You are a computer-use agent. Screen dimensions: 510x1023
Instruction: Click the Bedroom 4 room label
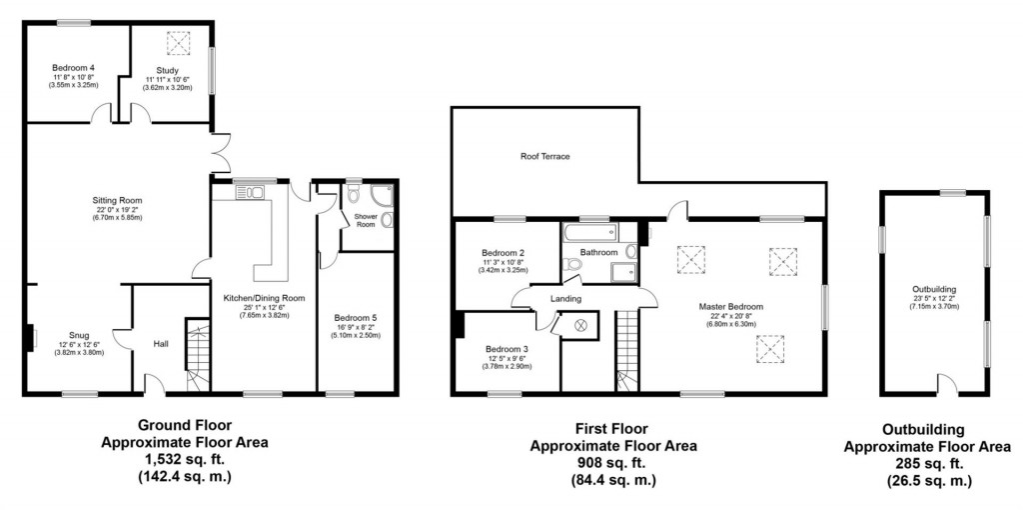point(73,67)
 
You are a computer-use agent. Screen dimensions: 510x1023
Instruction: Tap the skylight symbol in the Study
point(179,44)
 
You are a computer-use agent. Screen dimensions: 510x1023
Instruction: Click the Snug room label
point(78,335)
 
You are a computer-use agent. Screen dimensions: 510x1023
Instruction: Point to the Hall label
point(160,343)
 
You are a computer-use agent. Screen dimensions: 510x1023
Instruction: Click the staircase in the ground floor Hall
point(197,355)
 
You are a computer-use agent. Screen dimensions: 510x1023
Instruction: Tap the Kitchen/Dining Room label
point(265,297)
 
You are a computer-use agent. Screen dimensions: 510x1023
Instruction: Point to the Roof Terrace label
point(544,157)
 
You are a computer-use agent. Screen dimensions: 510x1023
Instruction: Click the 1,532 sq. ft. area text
point(184,459)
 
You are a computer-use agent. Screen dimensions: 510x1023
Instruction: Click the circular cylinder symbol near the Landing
point(580,325)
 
